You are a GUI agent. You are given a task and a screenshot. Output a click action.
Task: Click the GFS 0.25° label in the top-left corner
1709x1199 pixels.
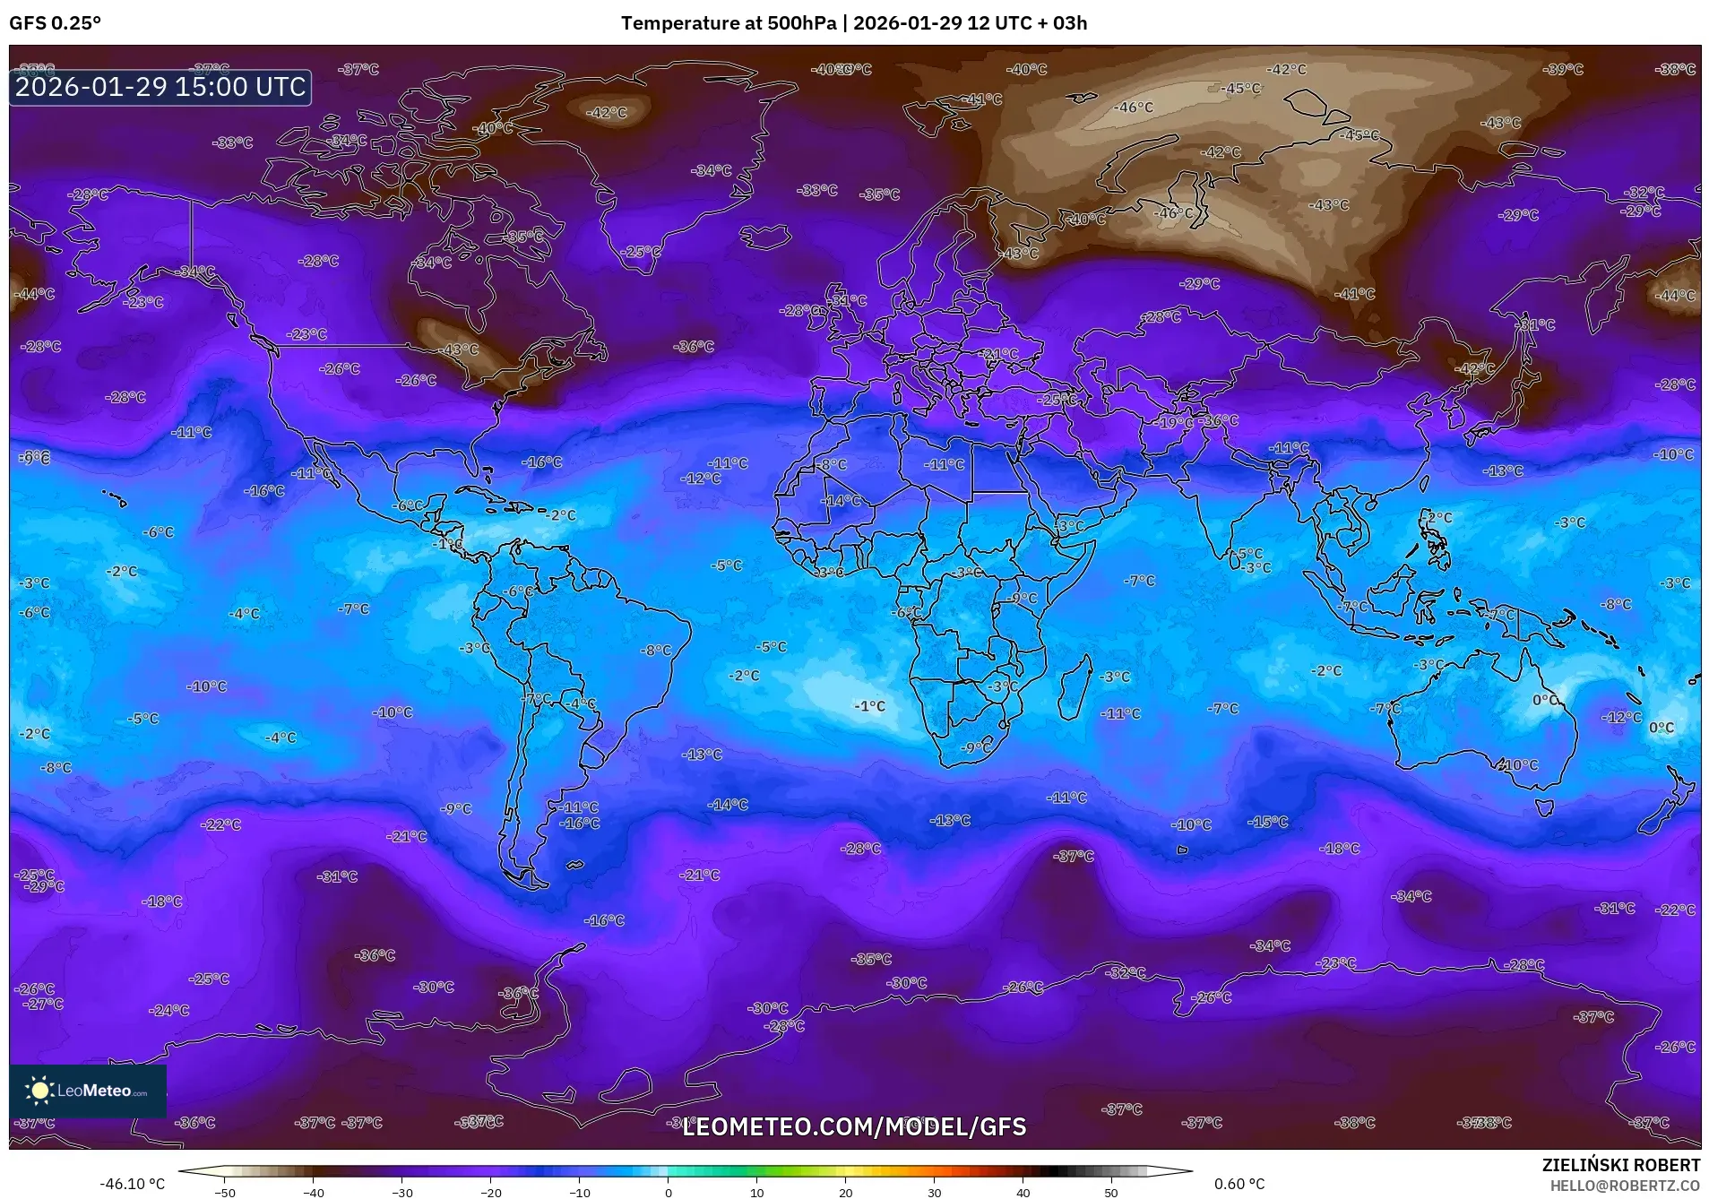point(55,23)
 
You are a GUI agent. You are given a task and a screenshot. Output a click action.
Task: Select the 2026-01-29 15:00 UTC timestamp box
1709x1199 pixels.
point(160,87)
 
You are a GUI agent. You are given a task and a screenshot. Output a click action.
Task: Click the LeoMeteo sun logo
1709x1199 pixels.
point(39,1091)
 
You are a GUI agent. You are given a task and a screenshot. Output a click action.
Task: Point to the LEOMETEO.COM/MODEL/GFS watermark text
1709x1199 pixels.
point(854,1126)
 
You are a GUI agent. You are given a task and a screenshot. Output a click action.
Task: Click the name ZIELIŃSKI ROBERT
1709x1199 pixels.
point(1620,1165)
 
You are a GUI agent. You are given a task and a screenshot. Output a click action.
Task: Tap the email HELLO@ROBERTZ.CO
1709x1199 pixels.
point(1625,1186)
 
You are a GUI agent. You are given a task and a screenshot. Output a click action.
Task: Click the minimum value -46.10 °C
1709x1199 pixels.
point(132,1184)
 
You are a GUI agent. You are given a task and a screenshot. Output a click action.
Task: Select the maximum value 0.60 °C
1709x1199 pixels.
point(1239,1184)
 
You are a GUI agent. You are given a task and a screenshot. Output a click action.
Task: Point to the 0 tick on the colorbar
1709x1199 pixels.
point(668,1192)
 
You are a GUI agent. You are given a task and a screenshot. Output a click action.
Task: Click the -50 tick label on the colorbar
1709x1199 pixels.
point(225,1192)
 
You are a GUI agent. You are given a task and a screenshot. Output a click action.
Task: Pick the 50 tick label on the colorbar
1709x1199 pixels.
point(1110,1192)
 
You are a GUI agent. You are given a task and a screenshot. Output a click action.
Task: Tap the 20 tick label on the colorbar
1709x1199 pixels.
point(845,1192)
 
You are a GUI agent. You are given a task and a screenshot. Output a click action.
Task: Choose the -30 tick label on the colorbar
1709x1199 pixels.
point(401,1192)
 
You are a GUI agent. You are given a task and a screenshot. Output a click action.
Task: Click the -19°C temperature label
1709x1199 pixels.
point(1175,422)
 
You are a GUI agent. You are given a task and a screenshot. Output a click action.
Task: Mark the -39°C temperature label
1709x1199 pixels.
point(1564,69)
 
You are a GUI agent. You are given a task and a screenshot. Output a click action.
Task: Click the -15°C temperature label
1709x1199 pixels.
point(1269,821)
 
